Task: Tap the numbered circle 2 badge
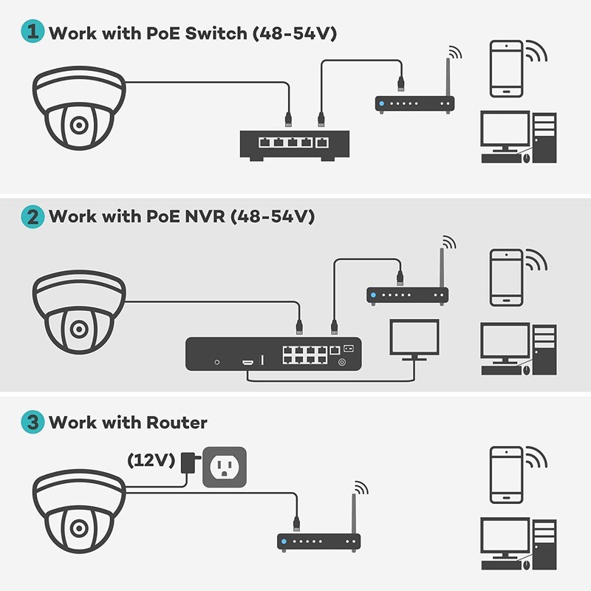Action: (33, 216)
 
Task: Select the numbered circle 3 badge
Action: (33, 423)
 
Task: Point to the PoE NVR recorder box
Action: (273, 353)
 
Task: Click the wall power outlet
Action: (223, 467)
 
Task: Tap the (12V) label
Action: (151, 460)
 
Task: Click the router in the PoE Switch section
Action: (414, 103)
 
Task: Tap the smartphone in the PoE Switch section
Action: (507, 69)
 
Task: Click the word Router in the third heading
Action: (177, 423)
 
